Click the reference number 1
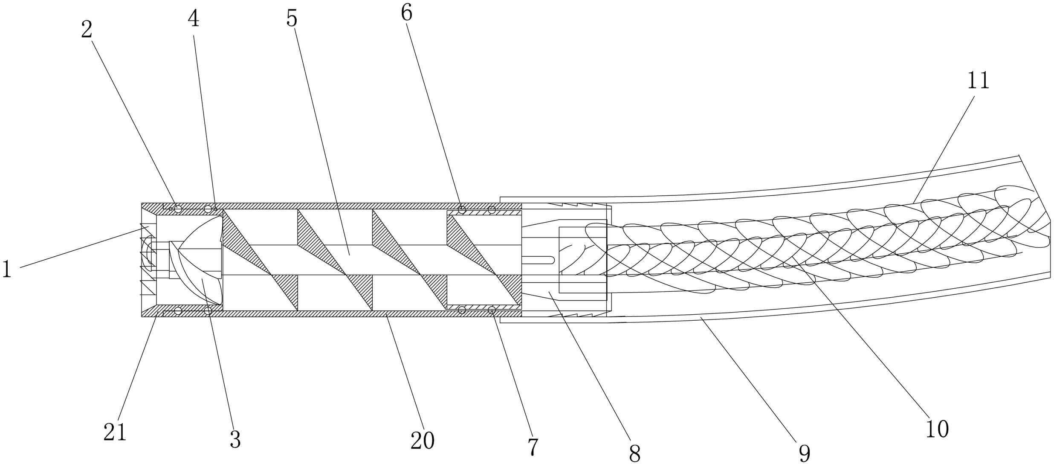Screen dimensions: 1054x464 (6, 270)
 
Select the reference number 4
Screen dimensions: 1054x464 (194, 19)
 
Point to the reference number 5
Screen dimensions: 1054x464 (292, 18)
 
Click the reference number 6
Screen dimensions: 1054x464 (406, 13)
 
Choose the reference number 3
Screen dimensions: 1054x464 (235, 439)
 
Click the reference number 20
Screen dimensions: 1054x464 (422, 440)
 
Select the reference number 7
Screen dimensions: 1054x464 (533, 447)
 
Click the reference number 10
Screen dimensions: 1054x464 (937, 429)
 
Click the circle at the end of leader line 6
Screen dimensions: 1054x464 (462, 209)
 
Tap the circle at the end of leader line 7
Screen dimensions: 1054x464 (492, 310)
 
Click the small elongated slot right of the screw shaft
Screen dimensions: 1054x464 (538, 260)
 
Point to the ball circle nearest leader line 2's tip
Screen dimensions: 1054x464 (178, 209)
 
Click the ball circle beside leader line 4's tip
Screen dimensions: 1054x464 (208, 209)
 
